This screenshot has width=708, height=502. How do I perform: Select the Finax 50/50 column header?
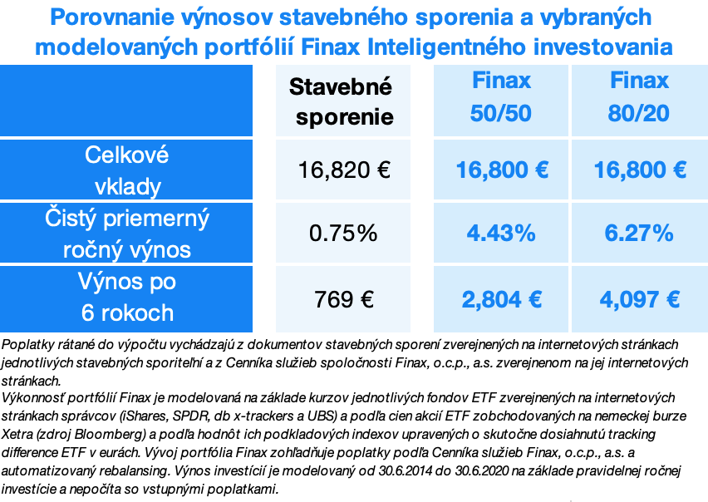tap(501, 97)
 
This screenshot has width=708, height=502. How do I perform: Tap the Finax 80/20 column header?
tap(639, 97)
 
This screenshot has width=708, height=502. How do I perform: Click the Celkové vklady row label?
tap(126, 170)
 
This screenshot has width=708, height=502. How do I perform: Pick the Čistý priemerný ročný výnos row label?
tap(126, 234)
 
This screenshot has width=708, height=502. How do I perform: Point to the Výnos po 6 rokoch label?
tap(126, 298)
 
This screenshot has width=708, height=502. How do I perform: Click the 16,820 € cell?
tap(344, 170)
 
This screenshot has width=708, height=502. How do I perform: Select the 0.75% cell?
tap(343, 234)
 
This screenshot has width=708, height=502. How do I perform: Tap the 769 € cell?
tap(343, 298)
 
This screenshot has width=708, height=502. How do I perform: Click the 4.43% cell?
tap(501, 234)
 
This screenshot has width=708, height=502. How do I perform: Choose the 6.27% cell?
tap(639, 234)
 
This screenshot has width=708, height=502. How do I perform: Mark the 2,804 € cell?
tap(501, 298)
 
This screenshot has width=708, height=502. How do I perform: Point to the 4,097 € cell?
tap(639, 298)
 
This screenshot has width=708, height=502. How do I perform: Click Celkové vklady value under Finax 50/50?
tap(501, 170)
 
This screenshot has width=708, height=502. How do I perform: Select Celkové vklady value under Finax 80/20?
tap(639, 170)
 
